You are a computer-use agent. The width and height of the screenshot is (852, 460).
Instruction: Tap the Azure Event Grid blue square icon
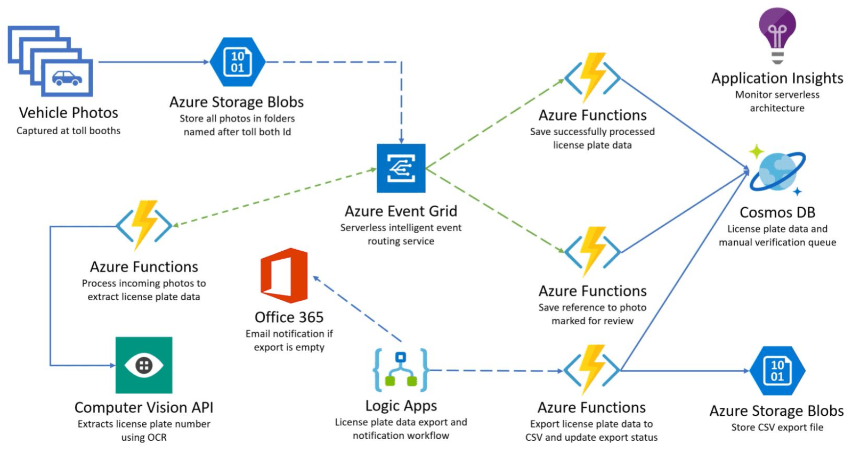pos(401,168)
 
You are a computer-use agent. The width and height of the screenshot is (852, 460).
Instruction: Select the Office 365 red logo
pos(284,275)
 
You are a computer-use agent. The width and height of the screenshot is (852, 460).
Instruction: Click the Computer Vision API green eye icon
pos(144,365)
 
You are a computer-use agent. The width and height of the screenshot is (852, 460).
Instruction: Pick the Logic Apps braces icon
pos(401,369)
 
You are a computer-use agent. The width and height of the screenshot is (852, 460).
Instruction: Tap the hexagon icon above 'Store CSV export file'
pos(777,371)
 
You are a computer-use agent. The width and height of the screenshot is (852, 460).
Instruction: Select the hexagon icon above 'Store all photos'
pos(237,62)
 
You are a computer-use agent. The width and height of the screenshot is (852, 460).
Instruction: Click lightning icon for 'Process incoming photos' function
pos(144,225)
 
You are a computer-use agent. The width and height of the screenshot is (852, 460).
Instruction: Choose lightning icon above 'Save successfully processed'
pos(593,77)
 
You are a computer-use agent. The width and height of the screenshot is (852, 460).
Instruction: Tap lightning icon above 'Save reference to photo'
pos(593,251)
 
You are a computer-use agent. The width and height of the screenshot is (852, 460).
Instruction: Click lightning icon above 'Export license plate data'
pos(592,369)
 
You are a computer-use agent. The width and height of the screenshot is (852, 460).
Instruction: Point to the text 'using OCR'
pos(144,438)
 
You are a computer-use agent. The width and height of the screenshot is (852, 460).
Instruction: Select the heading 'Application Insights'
pos(777,78)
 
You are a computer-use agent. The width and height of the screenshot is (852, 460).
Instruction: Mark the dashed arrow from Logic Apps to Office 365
pos(357,309)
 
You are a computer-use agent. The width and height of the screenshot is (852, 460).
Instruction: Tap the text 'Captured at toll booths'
pos(68,131)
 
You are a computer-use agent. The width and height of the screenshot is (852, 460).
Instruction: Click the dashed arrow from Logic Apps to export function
pos(496,371)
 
